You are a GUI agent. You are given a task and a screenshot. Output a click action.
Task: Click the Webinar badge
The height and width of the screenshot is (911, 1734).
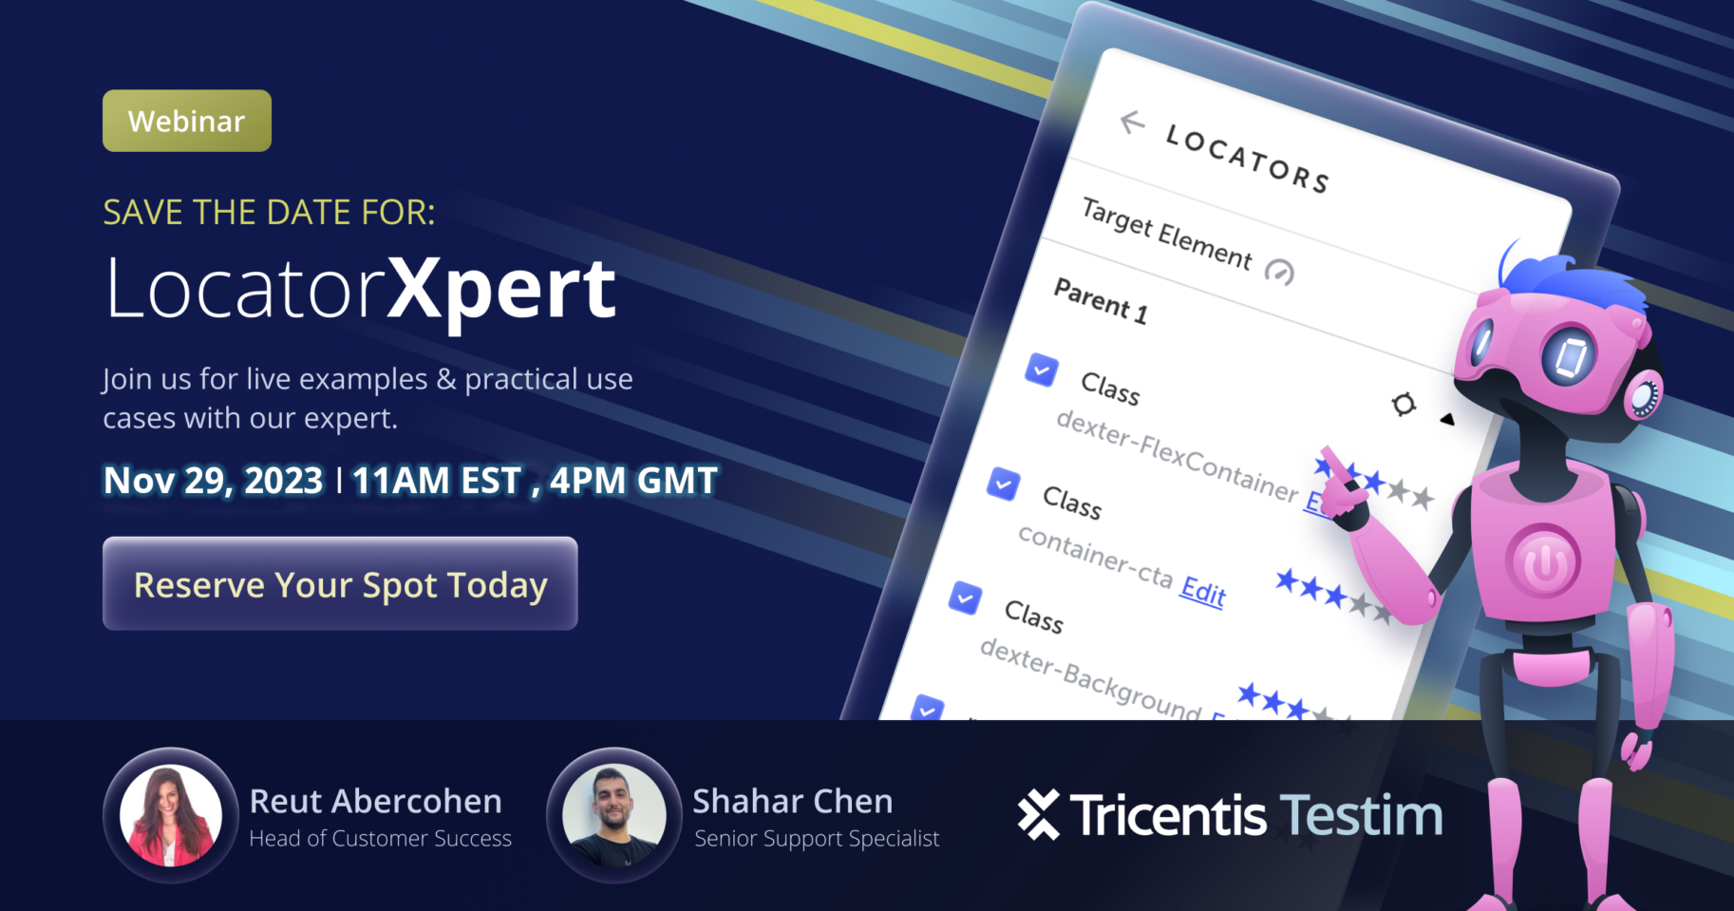tap(187, 121)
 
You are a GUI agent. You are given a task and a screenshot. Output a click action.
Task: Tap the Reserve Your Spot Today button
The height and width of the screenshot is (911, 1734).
tap(340, 583)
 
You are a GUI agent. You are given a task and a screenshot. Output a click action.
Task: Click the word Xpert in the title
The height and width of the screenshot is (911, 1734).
tap(501, 290)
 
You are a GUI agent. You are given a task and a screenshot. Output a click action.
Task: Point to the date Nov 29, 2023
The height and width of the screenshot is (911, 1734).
tap(213, 481)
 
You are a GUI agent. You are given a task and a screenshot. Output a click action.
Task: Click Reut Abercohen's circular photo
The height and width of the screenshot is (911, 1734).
tap(171, 815)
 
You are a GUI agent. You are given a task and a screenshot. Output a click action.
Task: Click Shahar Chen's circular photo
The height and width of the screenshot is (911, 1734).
tap(613, 815)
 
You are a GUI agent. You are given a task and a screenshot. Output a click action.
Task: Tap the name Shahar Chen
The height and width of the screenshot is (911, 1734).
tap(792, 802)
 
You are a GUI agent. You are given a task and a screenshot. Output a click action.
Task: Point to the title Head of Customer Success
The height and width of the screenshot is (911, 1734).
tap(380, 839)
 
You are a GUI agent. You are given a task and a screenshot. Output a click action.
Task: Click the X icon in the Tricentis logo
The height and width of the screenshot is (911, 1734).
tap(1038, 815)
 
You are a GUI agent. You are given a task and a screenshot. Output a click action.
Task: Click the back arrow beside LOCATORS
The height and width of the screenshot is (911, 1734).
tap(1132, 122)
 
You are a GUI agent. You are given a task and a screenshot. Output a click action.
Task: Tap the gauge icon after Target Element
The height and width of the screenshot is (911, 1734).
tap(1279, 273)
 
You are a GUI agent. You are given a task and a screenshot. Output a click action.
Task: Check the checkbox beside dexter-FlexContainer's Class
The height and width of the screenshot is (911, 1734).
tap(1042, 370)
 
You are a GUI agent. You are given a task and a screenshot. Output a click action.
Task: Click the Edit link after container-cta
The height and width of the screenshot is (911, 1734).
tap(1202, 592)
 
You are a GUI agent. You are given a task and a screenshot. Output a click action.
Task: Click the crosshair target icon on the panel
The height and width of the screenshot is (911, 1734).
tap(1404, 404)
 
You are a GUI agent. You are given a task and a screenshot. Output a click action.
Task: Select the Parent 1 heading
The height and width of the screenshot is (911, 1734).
tap(1101, 301)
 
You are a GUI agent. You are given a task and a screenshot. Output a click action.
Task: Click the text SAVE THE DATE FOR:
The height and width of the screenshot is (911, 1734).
tap(269, 213)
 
